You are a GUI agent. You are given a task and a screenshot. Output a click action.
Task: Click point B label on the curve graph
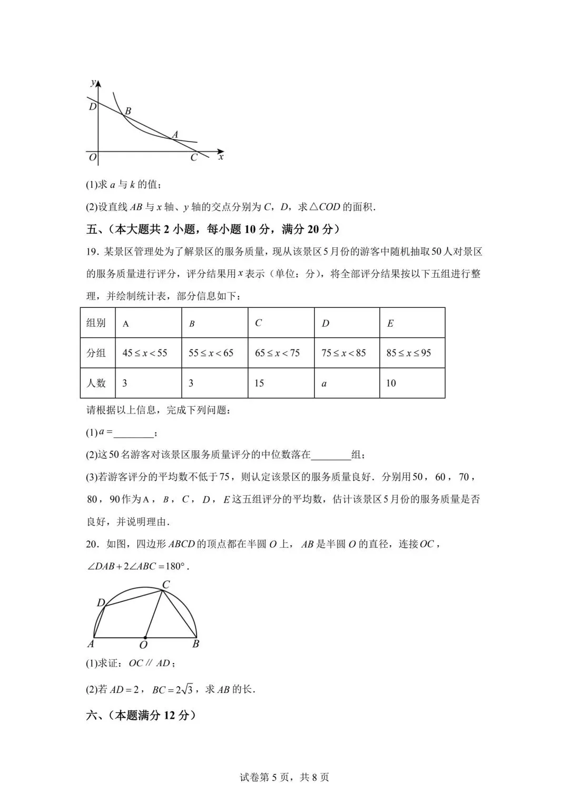128,111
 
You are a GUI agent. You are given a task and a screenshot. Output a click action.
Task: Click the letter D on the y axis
92,107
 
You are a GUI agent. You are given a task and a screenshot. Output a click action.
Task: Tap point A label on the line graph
175,135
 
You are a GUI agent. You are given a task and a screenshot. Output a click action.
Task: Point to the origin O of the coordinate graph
92,157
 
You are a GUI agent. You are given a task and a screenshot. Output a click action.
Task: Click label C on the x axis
193,157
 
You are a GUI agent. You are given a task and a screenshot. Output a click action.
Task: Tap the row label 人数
96,383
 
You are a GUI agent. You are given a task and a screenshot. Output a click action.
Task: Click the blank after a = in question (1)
133,433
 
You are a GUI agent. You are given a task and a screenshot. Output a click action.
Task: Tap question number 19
92,252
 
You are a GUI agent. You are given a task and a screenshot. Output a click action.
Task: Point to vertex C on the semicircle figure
165,585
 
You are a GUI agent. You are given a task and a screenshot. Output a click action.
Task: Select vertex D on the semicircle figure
101,603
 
